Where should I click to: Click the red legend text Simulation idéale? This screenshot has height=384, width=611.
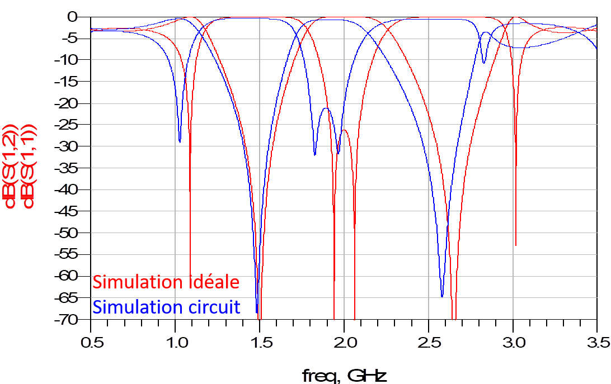coord(166,282)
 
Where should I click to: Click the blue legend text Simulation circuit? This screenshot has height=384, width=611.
coord(166,307)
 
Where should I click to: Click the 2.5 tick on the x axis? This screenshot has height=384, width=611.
coord(429,342)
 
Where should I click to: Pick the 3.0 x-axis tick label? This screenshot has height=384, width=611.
coord(514,342)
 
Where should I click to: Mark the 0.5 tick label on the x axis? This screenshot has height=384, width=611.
coord(92,342)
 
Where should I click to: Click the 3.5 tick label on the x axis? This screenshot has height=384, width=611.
coord(597,342)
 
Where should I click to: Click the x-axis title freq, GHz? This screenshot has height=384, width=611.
coord(344,374)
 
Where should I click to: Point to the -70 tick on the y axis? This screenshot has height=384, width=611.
coord(68,320)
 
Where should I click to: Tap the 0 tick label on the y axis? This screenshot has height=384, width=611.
coord(72,17)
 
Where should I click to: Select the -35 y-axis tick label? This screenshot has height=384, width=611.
coord(68,168)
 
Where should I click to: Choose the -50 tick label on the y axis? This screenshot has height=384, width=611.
coord(68,233)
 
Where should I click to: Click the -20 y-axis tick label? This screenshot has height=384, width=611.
coord(68,103)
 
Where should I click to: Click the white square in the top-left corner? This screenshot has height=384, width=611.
coord(26,25)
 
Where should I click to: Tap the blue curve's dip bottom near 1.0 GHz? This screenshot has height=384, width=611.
coord(180,141)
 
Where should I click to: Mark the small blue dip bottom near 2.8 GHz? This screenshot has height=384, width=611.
coord(485,61)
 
